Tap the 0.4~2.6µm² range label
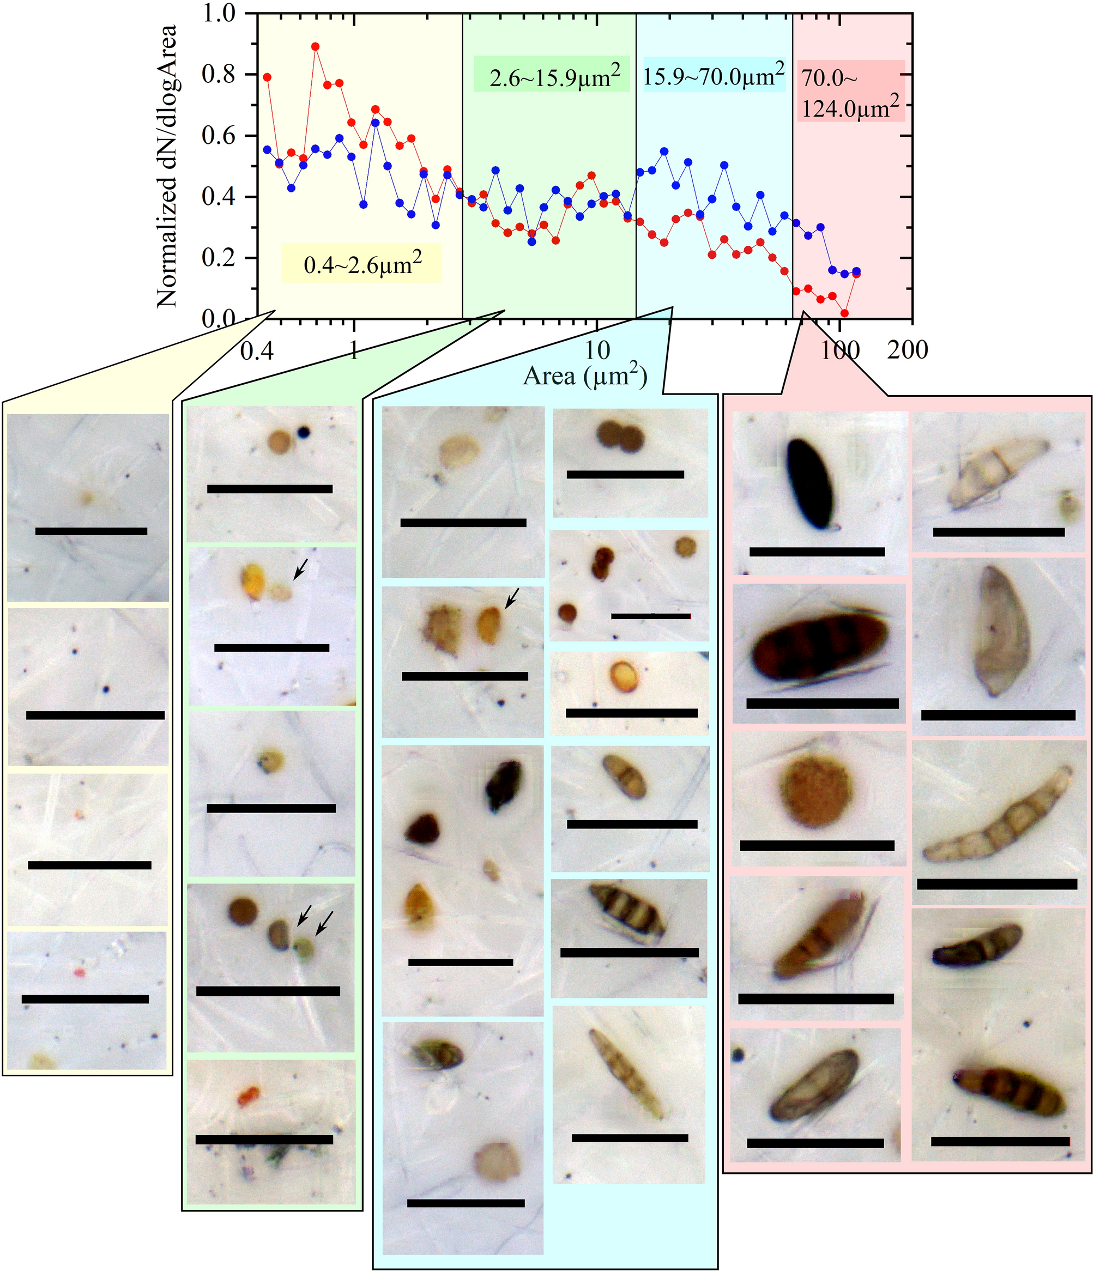pyautogui.click(x=361, y=264)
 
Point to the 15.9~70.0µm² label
pyautogui.click(x=714, y=76)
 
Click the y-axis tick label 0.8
pyautogui.click(x=220, y=74)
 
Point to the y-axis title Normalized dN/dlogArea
pyautogui.click(x=167, y=166)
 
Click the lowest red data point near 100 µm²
pyautogui.click(x=845, y=313)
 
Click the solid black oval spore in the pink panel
pyautogui.click(x=811, y=484)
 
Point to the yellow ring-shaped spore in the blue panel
pyautogui.click(x=625, y=675)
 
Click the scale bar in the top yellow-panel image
pyautogui.click(x=92, y=531)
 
